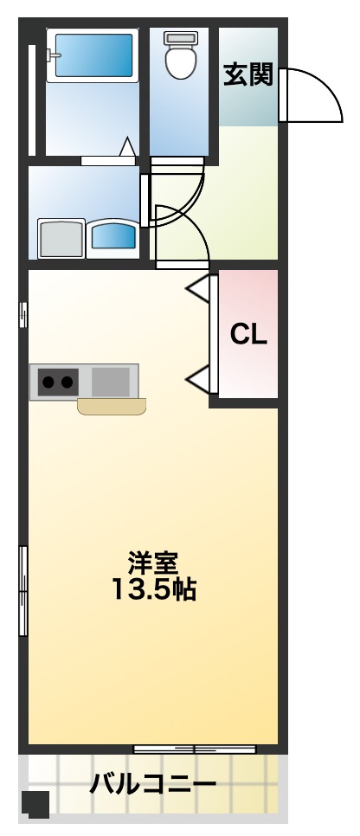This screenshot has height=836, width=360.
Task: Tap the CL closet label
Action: [248, 334]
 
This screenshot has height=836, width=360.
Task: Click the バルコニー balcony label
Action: [153, 786]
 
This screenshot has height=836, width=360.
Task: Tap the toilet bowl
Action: [181, 62]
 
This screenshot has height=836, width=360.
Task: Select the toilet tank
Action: [181, 38]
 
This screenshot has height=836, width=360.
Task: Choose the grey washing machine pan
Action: [60, 238]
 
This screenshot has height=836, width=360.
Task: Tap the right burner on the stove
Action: [66, 381]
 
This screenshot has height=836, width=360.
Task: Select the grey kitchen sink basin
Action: [110, 381]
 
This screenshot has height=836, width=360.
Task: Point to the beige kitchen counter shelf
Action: [112, 407]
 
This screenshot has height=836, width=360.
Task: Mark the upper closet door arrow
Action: [199, 288]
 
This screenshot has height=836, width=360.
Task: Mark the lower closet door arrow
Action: [199, 377]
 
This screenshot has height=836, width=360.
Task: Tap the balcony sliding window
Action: [194, 748]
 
